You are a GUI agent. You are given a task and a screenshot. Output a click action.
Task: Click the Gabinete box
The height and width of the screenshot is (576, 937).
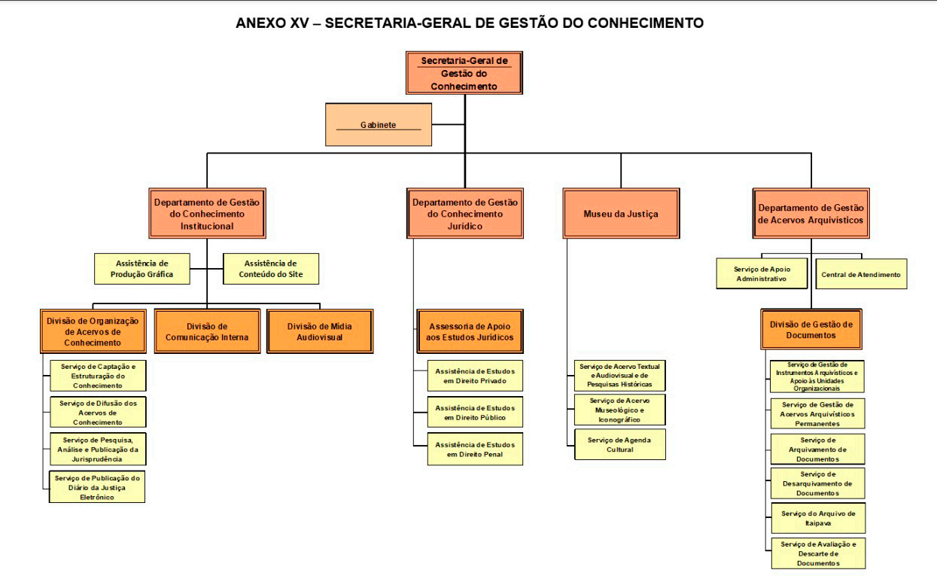pyautogui.click(x=378, y=124)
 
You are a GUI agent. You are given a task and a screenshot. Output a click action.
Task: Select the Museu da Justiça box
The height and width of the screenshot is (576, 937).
pyautogui.click(x=621, y=214)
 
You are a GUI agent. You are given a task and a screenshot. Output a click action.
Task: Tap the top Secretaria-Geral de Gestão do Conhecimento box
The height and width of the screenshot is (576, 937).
pyautogui.click(x=464, y=73)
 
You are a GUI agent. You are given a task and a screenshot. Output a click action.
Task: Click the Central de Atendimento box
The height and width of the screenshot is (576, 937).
pyautogui.click(x=861, y=274)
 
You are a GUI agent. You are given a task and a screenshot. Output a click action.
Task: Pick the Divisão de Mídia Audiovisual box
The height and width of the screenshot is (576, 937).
pyautogui.click(x=320, y=331)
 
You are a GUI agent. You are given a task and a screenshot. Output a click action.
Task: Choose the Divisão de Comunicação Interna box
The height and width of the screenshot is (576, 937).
pyautogui.click(x=207, y=331)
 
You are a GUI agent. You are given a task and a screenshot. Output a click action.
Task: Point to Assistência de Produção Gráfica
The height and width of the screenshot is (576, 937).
pyautogui.click(x=141, y=269)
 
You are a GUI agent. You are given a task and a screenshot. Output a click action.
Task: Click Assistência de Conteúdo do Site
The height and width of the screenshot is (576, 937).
pyautogui.click(x=271, y=269)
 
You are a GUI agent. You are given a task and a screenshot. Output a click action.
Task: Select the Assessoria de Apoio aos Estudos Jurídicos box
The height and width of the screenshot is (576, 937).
pyautogui.click(x=470, y=331)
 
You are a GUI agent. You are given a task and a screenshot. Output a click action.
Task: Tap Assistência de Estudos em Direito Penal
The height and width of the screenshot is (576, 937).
pyautogui.click(x=475, y=449)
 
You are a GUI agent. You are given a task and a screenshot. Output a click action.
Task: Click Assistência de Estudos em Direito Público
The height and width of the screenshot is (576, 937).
pyautogui.click(x=475, y=412)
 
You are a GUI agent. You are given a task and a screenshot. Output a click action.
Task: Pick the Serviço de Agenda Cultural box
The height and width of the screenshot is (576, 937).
pyautogui.click(x=620, y=444)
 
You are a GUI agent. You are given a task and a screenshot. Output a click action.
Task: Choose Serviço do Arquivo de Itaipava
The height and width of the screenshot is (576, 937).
pyautogui.click(x=818, y=518)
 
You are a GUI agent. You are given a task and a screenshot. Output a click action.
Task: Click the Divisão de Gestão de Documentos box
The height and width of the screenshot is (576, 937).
pyautogui.click(x=811, y=329)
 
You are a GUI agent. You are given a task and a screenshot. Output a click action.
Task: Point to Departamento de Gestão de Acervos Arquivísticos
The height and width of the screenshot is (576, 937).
pyautogui.click(x=811, y=214)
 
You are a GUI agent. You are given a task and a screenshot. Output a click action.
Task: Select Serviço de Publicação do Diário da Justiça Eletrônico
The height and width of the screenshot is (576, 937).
pyautogui.click(x=98, y=487)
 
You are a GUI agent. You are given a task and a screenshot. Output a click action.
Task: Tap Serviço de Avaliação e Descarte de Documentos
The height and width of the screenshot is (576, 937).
pyautogui.click(x=818, y=553)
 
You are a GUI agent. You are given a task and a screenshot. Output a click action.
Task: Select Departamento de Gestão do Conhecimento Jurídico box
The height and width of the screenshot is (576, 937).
pyautogui.click(x=465, y=214)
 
